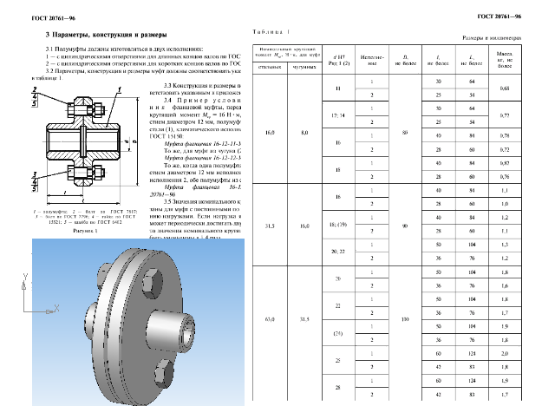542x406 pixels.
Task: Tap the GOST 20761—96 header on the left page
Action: (30, 16)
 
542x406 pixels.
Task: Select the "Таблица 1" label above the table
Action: (271, 32)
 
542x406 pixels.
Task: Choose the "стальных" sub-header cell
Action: (271, 66)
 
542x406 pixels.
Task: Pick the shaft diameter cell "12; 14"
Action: (337, 115)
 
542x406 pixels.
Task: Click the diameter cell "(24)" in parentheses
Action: (337, 333)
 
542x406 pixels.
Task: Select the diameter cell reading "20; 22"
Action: (337, 250)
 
